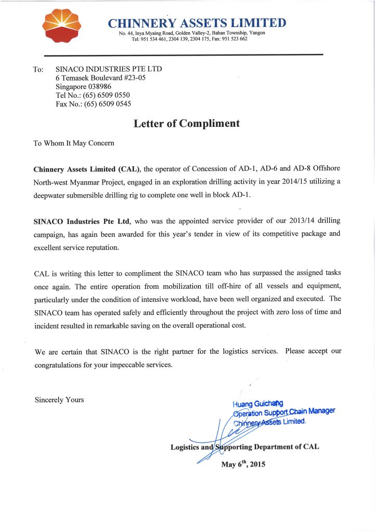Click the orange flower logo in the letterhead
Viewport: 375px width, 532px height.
pos(60,26)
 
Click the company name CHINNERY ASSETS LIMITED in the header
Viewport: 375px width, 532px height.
pos(197,23)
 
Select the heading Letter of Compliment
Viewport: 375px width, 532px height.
pos(187,124)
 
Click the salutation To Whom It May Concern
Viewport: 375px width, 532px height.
pos(74,143)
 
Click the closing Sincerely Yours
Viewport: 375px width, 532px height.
pos(59,400)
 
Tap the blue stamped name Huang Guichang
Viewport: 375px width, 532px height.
pos(258,403)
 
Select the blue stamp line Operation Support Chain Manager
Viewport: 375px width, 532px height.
pos(284,413)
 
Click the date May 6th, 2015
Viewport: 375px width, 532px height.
pos(243,464)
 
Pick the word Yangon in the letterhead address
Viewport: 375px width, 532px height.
pos(255,33)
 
